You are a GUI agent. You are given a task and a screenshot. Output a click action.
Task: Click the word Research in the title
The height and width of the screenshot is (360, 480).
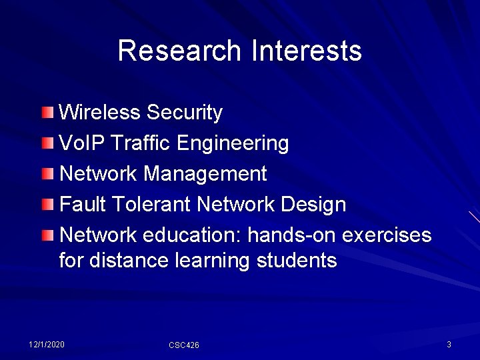(x=179, y=51)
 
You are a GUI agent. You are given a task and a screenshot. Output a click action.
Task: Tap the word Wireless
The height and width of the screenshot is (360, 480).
(x=100, y=112)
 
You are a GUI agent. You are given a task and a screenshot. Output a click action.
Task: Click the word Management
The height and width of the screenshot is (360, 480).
(x=205, y=174)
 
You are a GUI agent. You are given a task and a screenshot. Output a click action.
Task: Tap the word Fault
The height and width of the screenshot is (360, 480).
(x=83, y=204)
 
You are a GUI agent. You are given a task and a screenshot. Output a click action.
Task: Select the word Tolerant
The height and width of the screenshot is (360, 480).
(x=151, y=204)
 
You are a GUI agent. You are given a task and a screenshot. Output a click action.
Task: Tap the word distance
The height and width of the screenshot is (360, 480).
(x=127, y=260)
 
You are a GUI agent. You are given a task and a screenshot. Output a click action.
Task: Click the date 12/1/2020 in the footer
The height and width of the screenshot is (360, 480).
(x=47, y=344)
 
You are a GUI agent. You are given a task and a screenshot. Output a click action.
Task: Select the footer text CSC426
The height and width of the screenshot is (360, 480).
(x=184, y=345)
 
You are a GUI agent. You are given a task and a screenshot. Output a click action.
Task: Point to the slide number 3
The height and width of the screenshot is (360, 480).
(x=449, y=344)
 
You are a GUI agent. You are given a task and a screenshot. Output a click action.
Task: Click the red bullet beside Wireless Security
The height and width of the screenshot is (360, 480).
(x=46, y=111)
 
